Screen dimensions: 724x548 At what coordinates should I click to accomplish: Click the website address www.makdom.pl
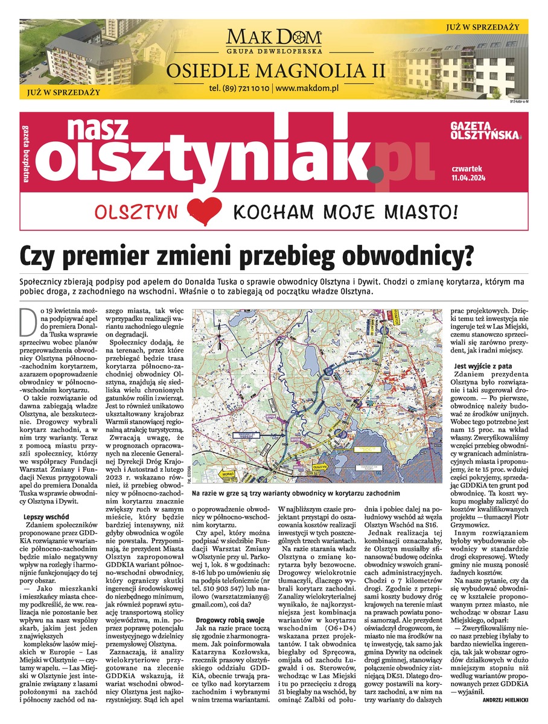(307, 88)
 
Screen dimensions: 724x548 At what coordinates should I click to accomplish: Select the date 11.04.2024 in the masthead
(467, 179)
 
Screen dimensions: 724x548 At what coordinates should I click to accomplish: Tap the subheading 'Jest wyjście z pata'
(484, 366)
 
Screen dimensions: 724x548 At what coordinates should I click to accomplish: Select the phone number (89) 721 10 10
(240, 88)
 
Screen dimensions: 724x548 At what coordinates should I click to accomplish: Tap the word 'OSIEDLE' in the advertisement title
(205, 70)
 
